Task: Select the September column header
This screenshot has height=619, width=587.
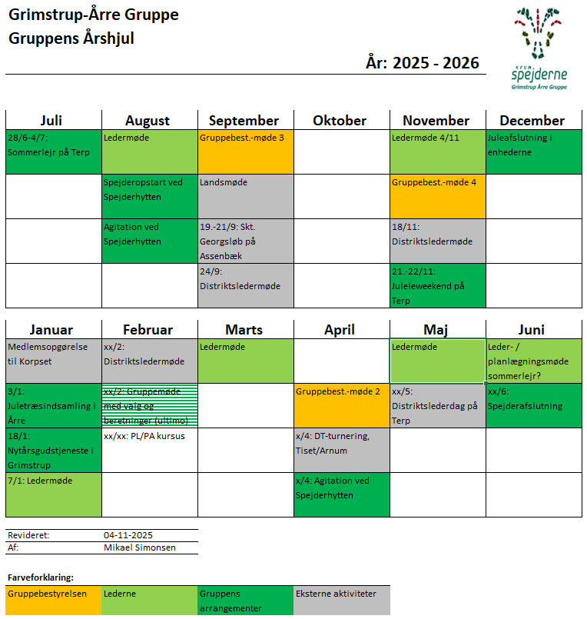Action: [245, 121]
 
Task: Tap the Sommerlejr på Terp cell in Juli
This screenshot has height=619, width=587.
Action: [53, 151]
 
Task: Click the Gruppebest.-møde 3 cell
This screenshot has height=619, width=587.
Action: [245, 151]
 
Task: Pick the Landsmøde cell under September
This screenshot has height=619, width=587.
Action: [245, 196]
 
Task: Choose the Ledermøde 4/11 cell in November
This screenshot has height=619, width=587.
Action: [437, 151]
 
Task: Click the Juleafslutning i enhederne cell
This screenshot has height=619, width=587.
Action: [533, 151]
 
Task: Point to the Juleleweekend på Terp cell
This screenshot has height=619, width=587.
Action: [437, 285]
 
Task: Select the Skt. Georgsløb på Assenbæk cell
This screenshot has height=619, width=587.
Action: [245, 241]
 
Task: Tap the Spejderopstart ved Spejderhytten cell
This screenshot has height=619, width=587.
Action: [149, 196]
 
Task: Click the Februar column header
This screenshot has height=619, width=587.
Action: [149, 330]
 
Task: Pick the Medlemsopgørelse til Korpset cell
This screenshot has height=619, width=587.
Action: [53, 361]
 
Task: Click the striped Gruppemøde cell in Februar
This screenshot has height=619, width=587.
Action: [149, 405]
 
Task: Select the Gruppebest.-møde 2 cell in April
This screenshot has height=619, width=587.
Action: [341, 405]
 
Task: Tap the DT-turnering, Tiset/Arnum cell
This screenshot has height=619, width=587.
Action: [341, 450]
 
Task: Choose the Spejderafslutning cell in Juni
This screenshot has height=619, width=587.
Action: [533, 405]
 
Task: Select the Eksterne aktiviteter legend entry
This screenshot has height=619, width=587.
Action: [341, 600]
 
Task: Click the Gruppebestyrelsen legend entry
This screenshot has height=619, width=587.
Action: [53, 600]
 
